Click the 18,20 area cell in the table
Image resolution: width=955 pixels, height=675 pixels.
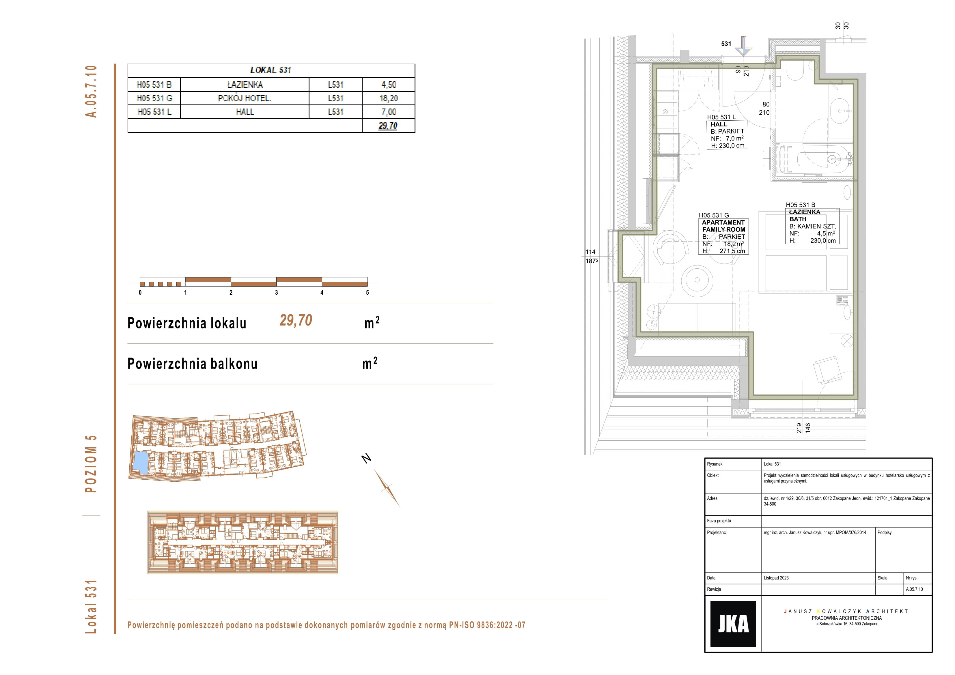[389, 98]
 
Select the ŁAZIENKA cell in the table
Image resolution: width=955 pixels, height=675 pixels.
[245, 85]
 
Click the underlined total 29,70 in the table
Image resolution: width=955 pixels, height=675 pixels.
[388, 126]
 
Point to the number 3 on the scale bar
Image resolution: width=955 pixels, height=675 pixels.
[276, 292]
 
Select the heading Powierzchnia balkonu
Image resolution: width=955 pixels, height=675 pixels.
[192, 364]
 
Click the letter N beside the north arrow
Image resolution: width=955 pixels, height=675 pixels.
[366, 458]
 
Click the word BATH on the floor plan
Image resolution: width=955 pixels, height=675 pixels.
[798, 219]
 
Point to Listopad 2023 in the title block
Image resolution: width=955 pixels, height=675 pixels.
[776, 578]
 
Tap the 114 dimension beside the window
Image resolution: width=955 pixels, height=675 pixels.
[590, 252]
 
